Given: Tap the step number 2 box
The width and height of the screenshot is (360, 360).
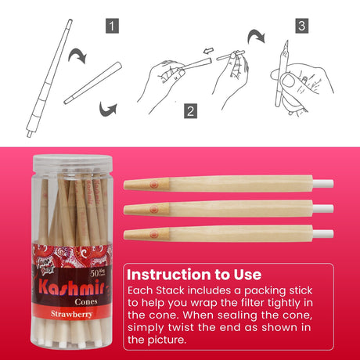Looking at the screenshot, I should click(190, 110).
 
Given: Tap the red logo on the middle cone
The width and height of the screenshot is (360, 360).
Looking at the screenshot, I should click(151, 208).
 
